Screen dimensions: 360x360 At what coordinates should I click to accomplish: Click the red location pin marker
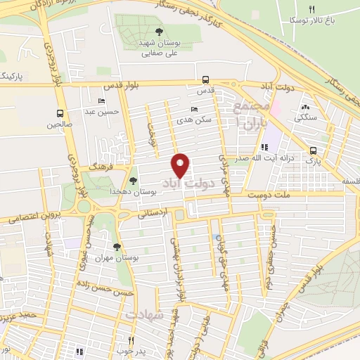tap(181, 165)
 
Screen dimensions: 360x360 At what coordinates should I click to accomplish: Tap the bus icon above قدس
tap(205, 79)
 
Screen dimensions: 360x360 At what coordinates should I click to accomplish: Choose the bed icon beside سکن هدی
tap(195, 109)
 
